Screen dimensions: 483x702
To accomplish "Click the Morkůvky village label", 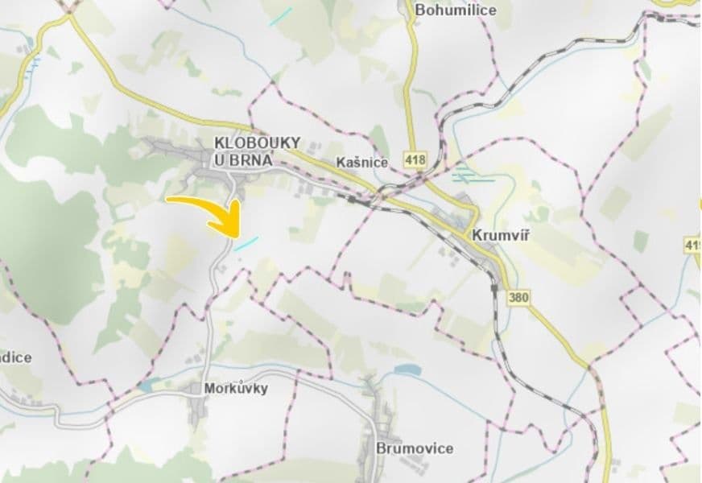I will click(x=235, y=388).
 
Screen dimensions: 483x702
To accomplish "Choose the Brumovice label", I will click(x=415, y=448).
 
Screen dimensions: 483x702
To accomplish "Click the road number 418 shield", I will click(x=415, y=159).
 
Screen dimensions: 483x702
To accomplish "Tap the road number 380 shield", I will click(x=519, y=298).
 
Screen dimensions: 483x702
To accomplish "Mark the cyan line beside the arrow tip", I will click(x=247, y=242).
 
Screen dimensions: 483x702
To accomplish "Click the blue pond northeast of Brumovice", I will click(x=407, y=370).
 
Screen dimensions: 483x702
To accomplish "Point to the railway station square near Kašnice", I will click(x=352, y=199).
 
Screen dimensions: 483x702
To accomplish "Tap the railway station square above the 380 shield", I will click(x=493, y=286).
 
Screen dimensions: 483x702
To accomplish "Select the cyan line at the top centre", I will click(x=281, y=17).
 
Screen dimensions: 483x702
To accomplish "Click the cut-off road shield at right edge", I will click(x=694, y=244).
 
